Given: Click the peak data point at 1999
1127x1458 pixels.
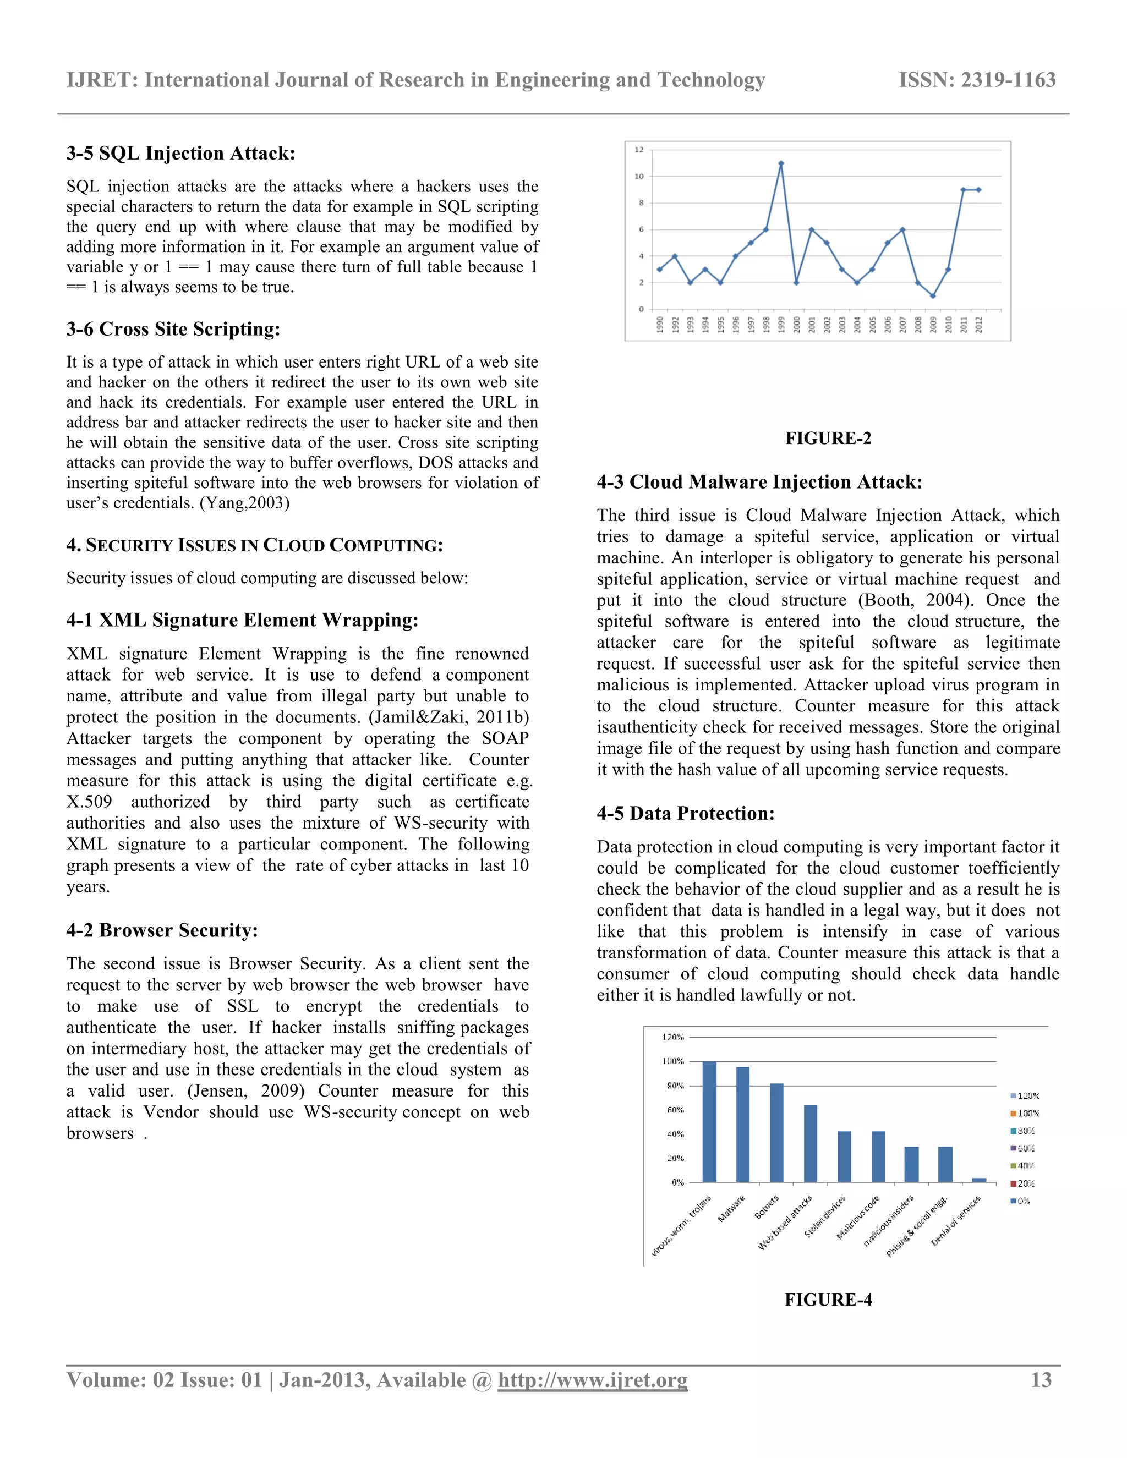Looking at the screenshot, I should pos(781,163).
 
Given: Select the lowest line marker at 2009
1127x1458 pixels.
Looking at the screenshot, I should pos(933,296).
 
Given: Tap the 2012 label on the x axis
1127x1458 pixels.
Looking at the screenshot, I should pos(979,325).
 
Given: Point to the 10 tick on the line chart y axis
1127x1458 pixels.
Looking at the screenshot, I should pos(639,176).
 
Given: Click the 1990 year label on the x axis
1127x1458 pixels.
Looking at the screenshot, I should pos(660,325).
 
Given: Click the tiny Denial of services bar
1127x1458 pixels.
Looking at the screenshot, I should pos(979,1180).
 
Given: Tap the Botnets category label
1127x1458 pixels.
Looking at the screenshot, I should pos(767,1207).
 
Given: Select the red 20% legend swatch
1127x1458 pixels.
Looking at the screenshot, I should pos(1014,1183).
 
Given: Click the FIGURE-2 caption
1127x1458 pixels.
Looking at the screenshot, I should pos(828,438).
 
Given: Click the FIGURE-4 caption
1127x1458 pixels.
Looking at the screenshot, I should pos(828,1299).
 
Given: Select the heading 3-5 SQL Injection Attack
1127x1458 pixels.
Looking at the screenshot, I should pos(180,153).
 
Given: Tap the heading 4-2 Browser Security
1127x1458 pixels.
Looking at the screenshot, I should pos(162,930).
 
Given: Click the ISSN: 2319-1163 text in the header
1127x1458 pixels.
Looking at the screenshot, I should pos(977,80).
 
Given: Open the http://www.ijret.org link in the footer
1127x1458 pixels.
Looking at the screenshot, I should pos(592,1380).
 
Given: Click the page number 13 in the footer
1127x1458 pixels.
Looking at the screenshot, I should pos(1041,1380).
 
